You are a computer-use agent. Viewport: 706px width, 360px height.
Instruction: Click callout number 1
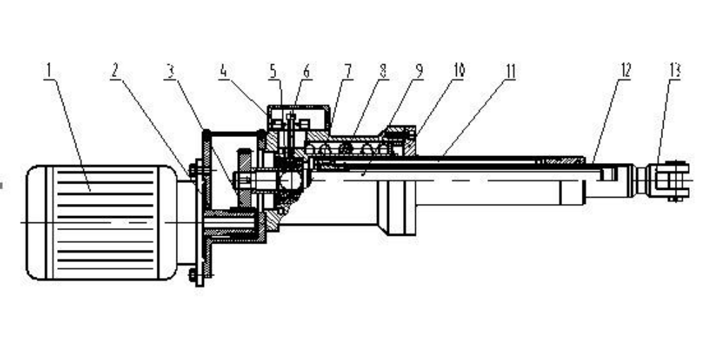tap(49, 71)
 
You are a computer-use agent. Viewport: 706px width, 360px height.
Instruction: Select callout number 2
tap(115, 71)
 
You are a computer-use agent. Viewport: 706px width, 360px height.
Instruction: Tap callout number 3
tap(169, 71)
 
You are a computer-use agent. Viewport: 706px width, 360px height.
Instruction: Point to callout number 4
tap(223, 71)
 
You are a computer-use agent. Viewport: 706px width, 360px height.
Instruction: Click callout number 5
tap(273, 71)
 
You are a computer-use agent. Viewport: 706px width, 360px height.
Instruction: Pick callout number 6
tap(306, 71)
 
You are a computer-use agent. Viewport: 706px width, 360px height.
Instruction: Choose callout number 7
tap(347, 71)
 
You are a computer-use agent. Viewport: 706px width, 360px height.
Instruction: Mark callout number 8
tap(383, 71)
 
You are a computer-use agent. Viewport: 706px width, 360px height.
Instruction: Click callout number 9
tap(419, 71)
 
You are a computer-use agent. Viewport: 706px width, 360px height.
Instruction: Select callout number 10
tap(459, 71)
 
